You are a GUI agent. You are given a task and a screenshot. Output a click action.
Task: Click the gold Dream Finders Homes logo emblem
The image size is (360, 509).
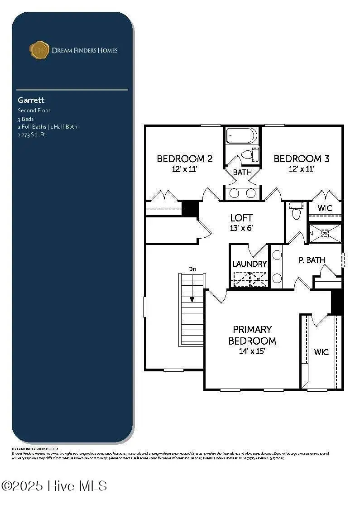tap(39, 50)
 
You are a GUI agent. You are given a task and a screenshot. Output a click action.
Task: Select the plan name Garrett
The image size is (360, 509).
tap(31, 100)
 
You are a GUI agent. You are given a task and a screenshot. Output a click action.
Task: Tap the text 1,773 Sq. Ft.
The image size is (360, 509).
tap(32, 134)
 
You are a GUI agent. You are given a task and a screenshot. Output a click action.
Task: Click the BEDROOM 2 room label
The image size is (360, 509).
tap(185, 159)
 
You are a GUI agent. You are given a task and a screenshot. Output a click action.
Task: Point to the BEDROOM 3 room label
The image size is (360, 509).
tap(301, 159)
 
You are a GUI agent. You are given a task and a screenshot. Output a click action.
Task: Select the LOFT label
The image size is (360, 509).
tap(241, 218)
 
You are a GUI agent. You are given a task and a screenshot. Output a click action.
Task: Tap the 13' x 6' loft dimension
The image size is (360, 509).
tap(241, 228)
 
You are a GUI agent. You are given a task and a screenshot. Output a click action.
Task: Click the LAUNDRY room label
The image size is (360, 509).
tap(250, 264)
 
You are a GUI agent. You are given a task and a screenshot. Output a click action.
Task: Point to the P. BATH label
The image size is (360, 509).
tap(312, 260)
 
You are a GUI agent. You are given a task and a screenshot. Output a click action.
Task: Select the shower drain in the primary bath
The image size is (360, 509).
tap(324, 234)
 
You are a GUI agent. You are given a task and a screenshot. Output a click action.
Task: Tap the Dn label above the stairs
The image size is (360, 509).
tap(192, 269)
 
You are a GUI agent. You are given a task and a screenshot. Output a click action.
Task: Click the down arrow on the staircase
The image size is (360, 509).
tap(192, 298)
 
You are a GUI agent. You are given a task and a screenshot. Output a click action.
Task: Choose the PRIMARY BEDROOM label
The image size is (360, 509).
tap(252, 335)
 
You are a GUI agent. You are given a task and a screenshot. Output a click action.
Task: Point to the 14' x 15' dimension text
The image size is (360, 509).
tap(252, 351)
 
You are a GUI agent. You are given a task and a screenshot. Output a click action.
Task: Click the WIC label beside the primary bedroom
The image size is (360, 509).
tap(322, 352)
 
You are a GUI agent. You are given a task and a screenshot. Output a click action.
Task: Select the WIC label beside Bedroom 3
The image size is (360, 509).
tap(325, 208)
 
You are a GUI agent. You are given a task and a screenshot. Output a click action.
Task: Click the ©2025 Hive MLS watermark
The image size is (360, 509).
tap(54, 486)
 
